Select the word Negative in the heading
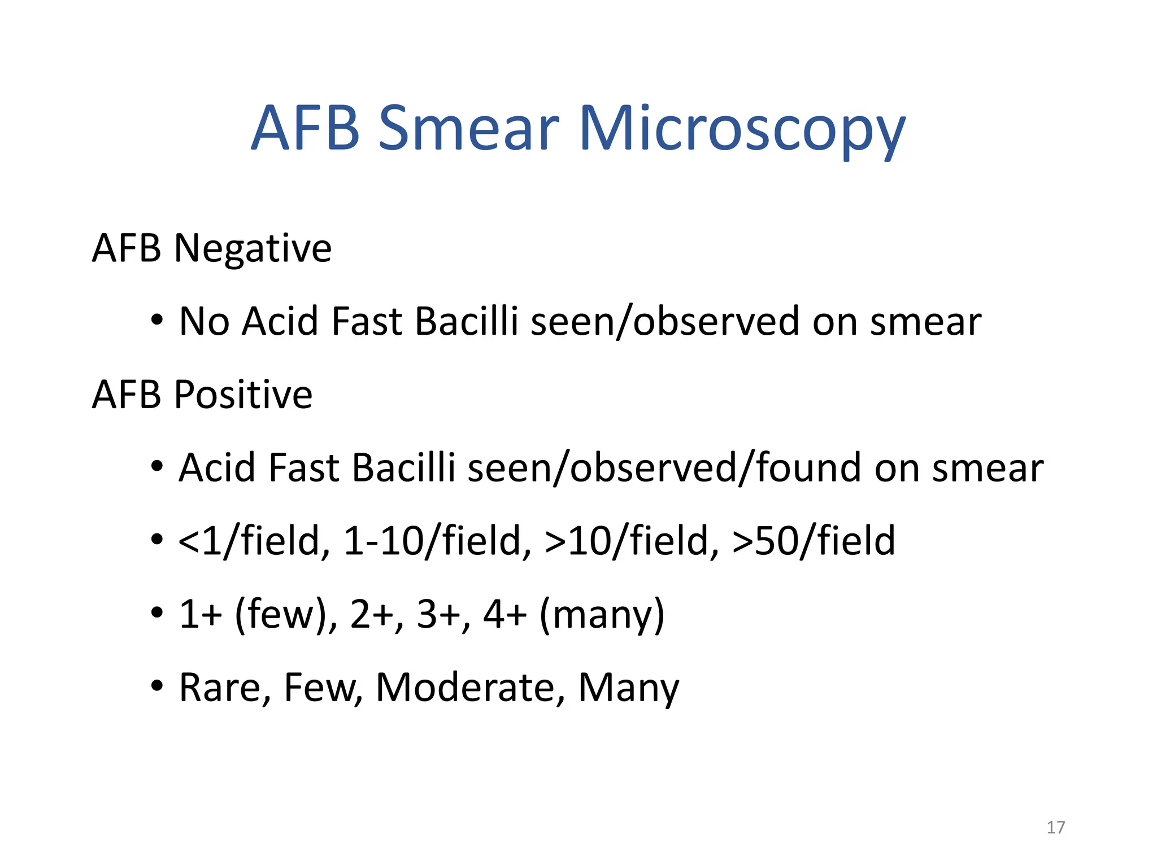point(253,248)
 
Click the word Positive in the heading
point(243,395)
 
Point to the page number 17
point(1055,827)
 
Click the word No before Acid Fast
point(204,322)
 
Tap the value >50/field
point(814,541)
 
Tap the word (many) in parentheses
point(602,614)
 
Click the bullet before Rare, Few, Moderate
point(157,686)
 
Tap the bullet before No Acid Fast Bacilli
point(157,321)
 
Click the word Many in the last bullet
point(628,688)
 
